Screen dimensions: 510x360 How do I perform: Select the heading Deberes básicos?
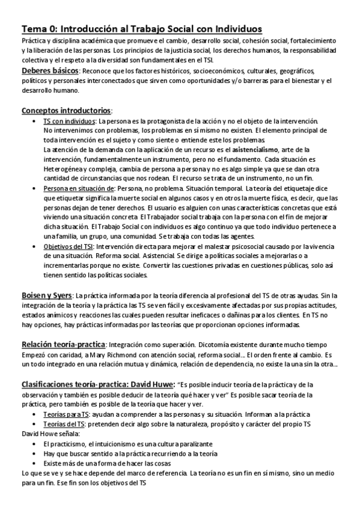[x=47, y=71]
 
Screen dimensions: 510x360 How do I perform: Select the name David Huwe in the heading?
[x=150, y=384]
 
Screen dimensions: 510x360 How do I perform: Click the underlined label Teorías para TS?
[x=67, y=415]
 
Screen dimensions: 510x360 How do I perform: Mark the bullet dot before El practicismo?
[x=38, y=444]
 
